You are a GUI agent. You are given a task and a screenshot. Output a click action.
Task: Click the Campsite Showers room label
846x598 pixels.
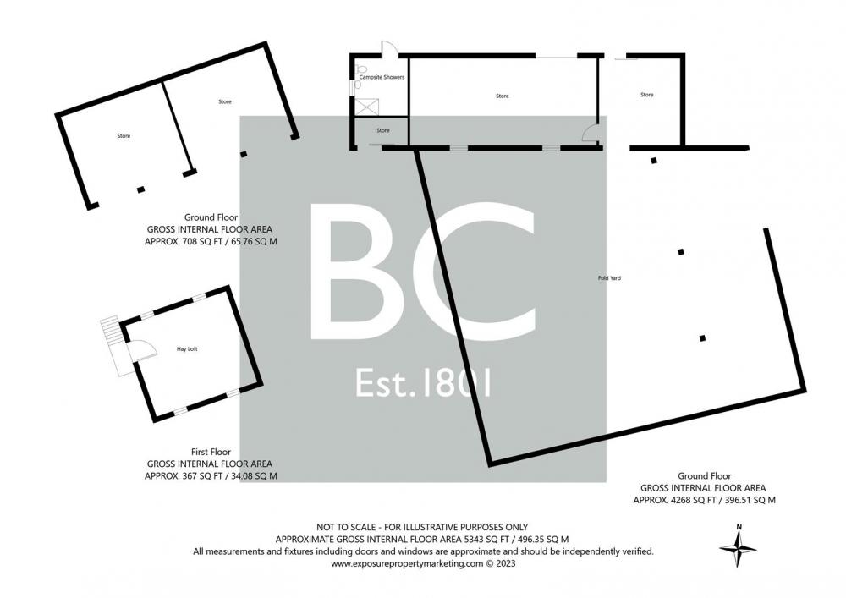[x=382, y=77]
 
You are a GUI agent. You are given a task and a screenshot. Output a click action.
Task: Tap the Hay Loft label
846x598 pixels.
[x=187, y=348]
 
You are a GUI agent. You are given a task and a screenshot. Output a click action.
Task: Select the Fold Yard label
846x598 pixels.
[x=609, y=278]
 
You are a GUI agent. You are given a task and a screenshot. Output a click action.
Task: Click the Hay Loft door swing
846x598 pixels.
[x=141, y=349]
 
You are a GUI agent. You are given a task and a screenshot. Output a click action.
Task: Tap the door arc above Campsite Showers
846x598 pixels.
[x=389, y=47]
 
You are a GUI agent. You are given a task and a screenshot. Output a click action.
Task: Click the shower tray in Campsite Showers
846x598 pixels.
[x=367, y=107]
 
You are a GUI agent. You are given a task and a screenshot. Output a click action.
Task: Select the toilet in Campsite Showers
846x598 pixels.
[x=361, y=69]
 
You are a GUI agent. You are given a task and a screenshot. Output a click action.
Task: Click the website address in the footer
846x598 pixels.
[x=423, y=563]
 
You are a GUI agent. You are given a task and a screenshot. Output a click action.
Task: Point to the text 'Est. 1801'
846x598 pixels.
[x=423, y=383]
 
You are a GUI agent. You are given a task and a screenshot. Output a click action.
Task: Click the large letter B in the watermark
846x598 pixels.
[x=351, y=272]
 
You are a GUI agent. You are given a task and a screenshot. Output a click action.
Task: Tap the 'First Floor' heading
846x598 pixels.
[x=211, y=452]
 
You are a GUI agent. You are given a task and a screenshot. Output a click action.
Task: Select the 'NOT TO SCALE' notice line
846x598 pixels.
[x=422, y=527]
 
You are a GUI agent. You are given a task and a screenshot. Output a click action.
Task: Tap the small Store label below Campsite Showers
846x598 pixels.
[x=383, y=130]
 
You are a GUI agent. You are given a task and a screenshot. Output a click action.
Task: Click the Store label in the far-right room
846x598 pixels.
[x=647, y=95]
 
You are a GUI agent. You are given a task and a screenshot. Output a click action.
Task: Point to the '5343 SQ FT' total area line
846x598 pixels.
[x=422, y=540]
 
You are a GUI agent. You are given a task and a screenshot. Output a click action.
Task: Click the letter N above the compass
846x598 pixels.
[x=739, y=527]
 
